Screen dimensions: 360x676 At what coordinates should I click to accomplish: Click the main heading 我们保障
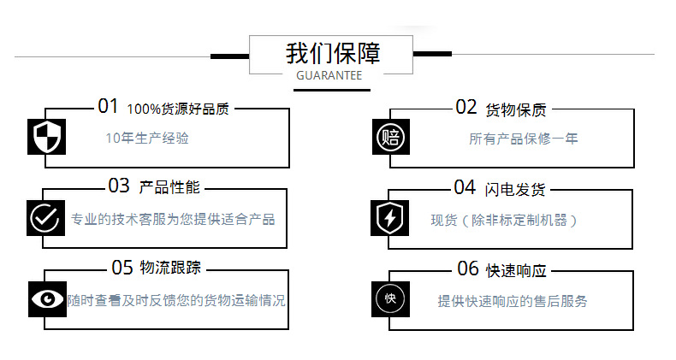click(333, 52)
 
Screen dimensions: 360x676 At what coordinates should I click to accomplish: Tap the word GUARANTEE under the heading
click(329, 75)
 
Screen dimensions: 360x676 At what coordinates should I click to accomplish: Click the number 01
click(108, 107)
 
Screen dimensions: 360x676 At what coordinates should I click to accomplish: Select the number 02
click(465, 107)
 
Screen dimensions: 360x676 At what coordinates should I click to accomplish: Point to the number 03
click(119, 186)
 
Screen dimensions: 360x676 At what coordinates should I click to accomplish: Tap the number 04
click(465, 187)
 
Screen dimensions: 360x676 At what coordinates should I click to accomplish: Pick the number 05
click(122, 268)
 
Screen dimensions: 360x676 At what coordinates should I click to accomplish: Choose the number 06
click(468, 269)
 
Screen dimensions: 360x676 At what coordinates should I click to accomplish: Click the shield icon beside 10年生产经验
click(46, 137)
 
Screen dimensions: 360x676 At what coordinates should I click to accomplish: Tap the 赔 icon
click(391, 137)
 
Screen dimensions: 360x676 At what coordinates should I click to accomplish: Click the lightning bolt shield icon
click(390, 218)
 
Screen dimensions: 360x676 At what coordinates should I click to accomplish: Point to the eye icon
click(47, 299)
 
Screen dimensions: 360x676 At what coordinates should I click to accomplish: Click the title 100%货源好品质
click(178, 109)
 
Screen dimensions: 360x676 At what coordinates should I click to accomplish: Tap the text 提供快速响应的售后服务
click(513, 301)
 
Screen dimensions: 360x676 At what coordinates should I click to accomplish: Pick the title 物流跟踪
click(170, 269)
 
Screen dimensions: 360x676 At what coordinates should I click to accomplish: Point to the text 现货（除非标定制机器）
click(504, 220)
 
